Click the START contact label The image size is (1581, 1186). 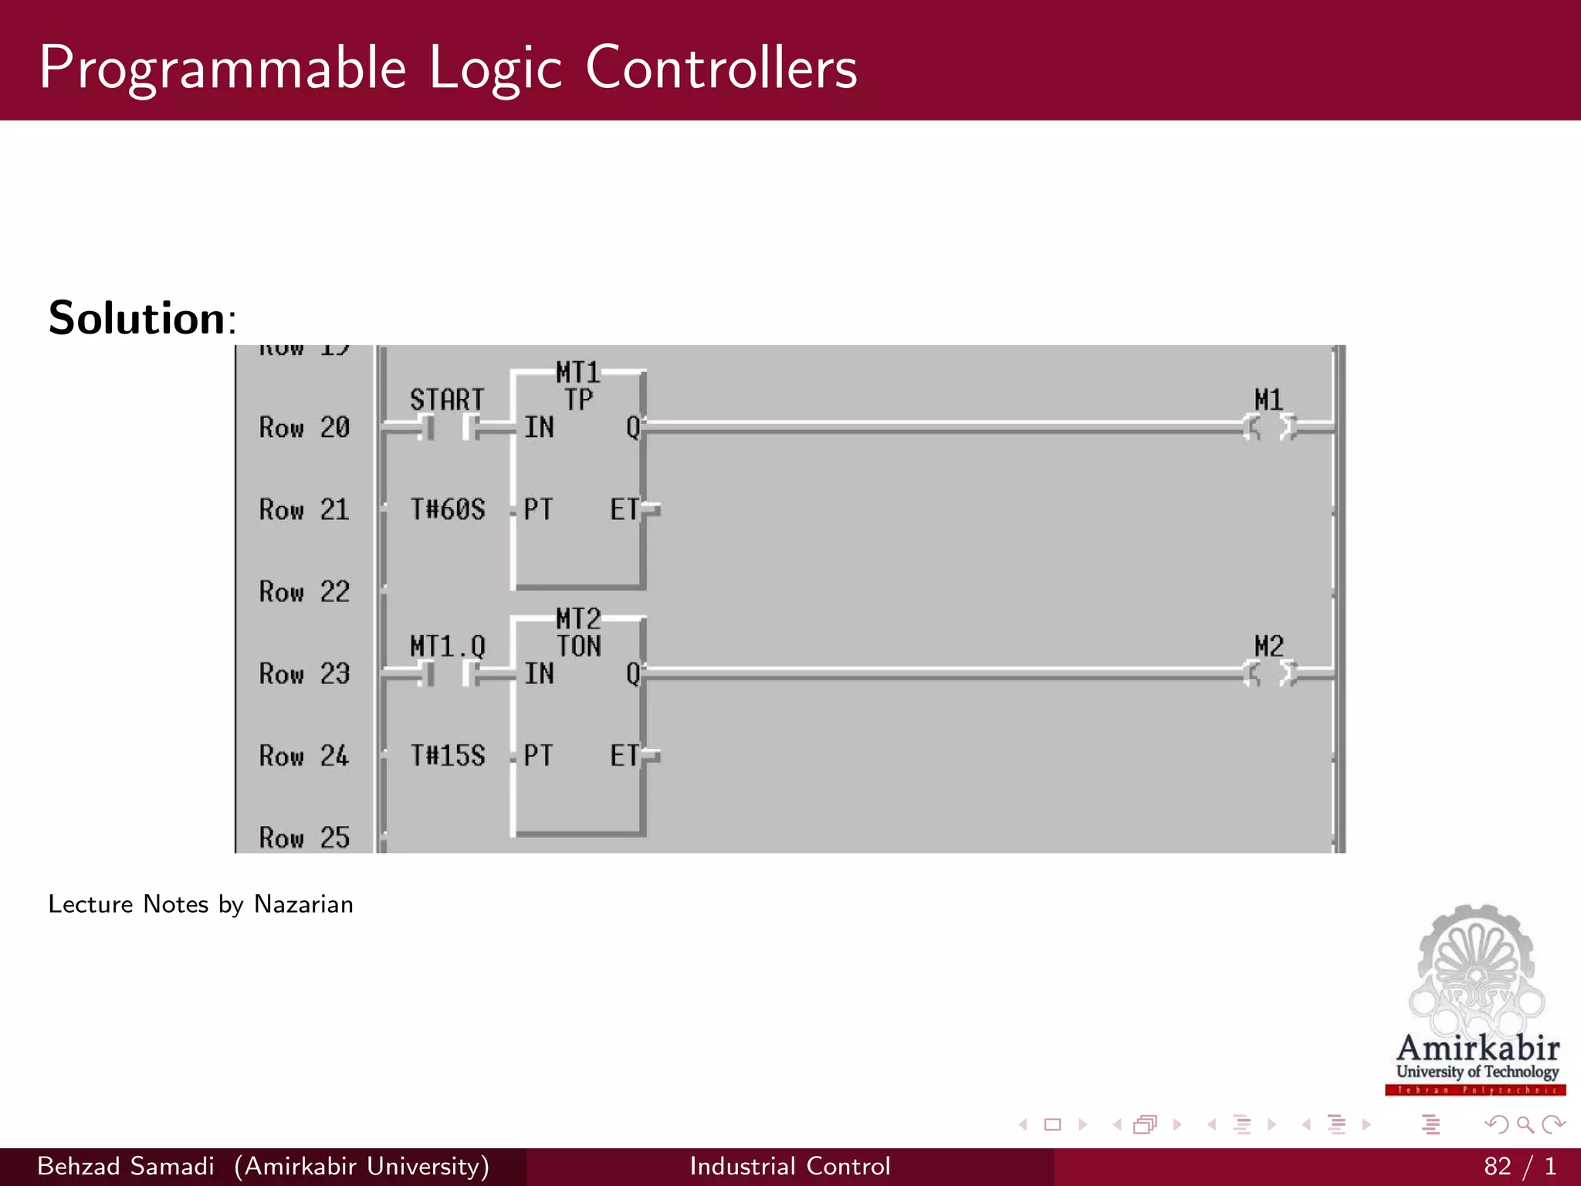click(446, 400)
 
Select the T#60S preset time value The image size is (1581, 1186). click(448, 510)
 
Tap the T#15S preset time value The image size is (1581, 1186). click(448, 755)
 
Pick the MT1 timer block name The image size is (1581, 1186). click(578, 373)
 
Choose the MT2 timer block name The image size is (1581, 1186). click(578, 618)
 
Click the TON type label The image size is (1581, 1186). click(579, 646)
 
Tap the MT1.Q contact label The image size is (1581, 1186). click(448, 646)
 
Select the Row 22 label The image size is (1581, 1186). click(304, 592)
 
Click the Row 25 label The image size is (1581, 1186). click(304, 838)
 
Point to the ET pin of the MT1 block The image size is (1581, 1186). click(625, 510)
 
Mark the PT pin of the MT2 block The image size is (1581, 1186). click(538, 755)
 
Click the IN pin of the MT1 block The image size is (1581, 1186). click(539, 427)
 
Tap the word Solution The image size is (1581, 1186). click(137, 318)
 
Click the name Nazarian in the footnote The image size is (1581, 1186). click(303, 904)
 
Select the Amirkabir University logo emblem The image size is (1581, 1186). click(1476, 973)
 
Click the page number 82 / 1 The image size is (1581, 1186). click(1519, 1166)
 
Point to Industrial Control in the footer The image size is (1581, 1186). click(790, 1166)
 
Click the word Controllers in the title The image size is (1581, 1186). click(721, 68)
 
